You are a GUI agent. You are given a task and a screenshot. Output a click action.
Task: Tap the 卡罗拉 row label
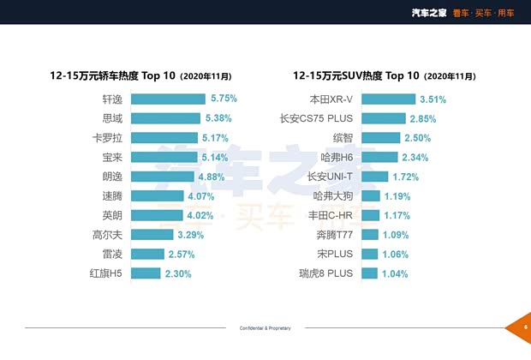(107, 138)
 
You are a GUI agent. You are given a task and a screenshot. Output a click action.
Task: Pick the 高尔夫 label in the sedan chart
(107, 235)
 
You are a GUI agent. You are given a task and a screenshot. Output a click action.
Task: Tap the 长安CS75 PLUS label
(316, 118)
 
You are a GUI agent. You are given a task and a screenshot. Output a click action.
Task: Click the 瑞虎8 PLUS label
(325, 273)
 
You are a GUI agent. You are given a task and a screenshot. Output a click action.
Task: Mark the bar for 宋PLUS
(370, 254)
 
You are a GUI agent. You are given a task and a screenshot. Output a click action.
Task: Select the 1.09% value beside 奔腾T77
(395, 235)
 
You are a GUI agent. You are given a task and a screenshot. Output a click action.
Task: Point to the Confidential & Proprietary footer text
(265, 327)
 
